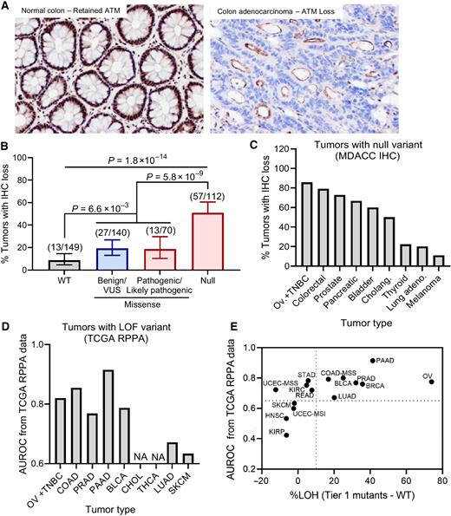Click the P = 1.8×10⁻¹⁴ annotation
click(148, 163)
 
